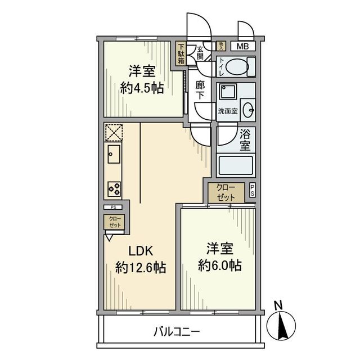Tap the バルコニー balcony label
pyautogui.click(x=177, y=332)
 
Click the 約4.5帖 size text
pyautogui.click(x=141, y=88)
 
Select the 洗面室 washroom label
pyautogui.click(x=228, y=111)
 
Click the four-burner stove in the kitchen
pyautogui.click(x=114, y=189)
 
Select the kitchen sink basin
pyautogui.click(x=113, y=152)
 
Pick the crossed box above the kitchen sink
pyautogui.click(x=114, y=132)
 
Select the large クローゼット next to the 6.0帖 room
pyautogui.click(x=226, y=192)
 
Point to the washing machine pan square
pyautogui.click(x=228, y=93)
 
